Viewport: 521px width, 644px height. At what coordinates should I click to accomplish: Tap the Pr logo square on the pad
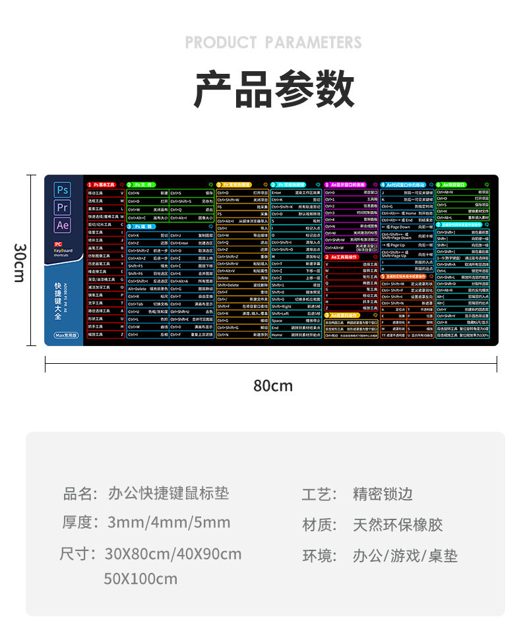(x=63, y=207)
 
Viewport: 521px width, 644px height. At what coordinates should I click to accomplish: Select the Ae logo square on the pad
(x=63, y=225)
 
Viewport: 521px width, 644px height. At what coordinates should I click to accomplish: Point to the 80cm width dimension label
(x=273, y=386)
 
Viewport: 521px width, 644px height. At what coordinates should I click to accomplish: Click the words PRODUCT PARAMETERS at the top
(x=273, y=43)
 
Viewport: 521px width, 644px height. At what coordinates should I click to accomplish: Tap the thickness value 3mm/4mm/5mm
(x=169, y=523)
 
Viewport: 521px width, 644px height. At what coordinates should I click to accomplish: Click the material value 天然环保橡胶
(x=398, y=525)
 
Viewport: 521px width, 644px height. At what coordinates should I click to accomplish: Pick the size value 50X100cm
(x=140, y=579)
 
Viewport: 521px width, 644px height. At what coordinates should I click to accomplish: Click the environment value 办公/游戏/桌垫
(x=405, y=556)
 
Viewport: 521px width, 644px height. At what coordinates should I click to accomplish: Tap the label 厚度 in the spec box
(x=77, y=523)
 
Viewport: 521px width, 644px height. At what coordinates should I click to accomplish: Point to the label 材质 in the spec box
(x=319, y=525)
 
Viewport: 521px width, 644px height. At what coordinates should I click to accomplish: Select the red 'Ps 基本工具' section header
(x=104, y=185)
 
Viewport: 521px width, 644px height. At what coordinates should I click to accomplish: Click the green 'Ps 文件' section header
(x=140, y=185)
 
